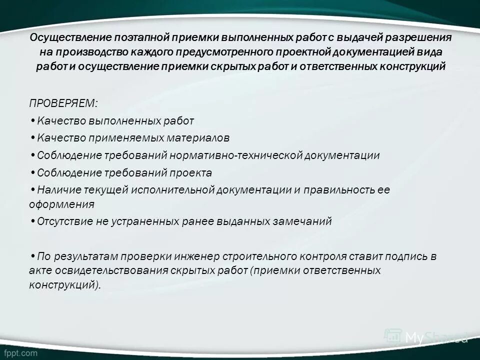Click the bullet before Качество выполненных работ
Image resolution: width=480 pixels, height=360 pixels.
point(32,120)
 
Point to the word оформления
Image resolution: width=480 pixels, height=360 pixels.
point(61,204)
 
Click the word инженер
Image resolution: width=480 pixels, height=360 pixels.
point(198,257)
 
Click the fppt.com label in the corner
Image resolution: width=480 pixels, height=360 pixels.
point(21,352)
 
